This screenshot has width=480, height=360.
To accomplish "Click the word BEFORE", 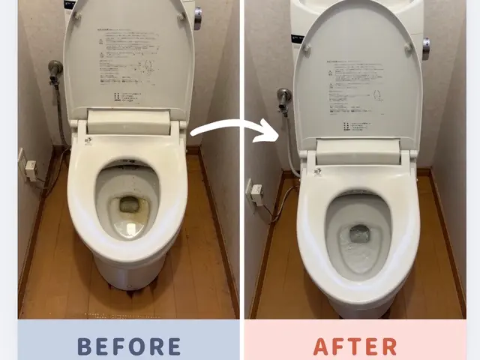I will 129,346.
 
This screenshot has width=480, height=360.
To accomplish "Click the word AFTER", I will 355,346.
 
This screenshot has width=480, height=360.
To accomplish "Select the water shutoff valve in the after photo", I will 283,97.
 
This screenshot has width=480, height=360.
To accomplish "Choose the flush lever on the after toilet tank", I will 425,44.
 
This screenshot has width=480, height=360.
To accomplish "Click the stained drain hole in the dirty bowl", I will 129,205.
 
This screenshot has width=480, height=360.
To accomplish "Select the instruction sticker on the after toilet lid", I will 358,82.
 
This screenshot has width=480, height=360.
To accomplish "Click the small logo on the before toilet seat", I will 88,142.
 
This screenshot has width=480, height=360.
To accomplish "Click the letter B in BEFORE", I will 85,346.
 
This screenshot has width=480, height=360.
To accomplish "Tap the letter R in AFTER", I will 389,346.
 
